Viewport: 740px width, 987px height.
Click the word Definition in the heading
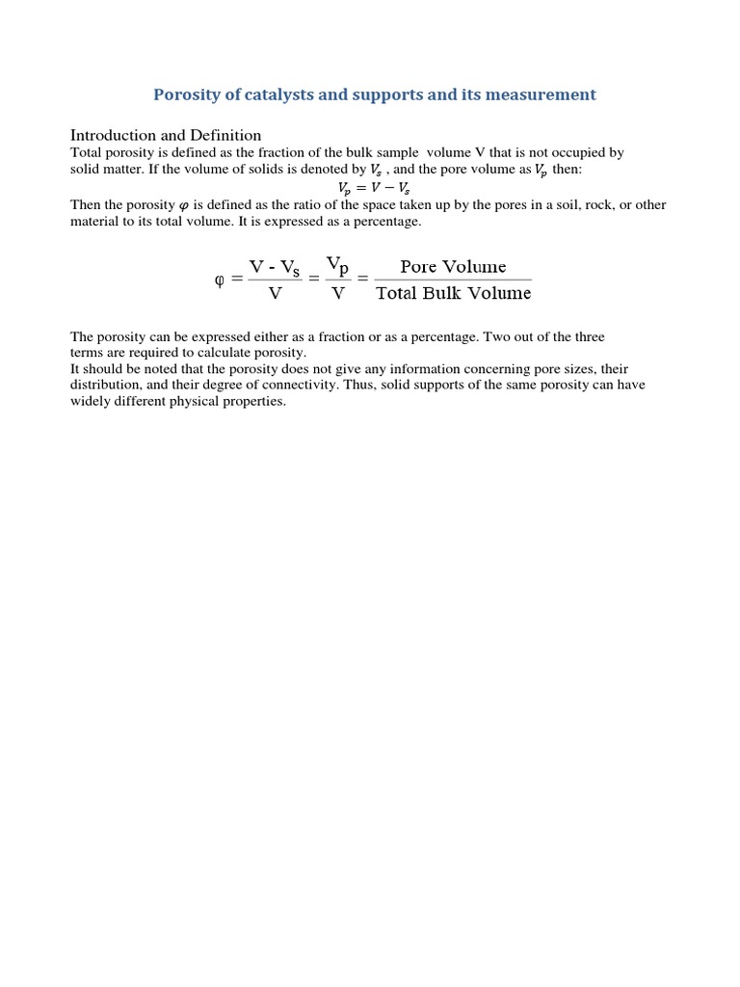tap(227, 135)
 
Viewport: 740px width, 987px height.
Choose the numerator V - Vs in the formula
tap(275, 267)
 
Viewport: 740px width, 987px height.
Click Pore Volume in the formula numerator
tap(452, 267)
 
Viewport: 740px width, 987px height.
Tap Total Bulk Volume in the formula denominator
tap(453, 293)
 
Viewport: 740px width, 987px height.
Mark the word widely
tap(91, 401)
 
